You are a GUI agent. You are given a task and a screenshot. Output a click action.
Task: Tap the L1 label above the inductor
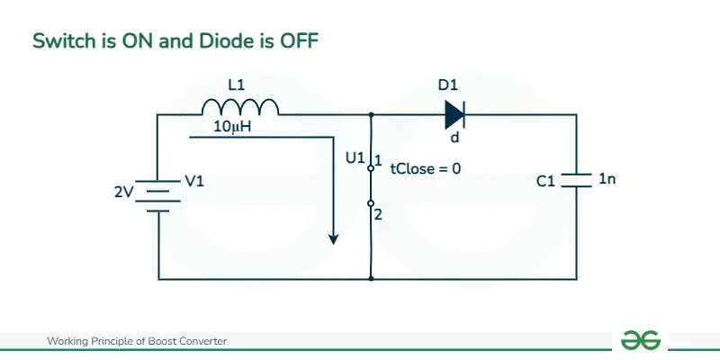(x=237, y=85)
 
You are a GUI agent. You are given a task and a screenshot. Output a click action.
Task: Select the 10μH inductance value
(x=232, y=128)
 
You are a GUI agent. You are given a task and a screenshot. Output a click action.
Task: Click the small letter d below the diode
(x=454, y=139)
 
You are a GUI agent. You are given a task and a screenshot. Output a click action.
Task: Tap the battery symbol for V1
(x=158, y=195)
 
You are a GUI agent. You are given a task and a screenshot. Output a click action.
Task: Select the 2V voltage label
(x=123, y=191)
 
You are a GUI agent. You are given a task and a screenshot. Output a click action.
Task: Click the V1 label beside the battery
(x=194, y=181)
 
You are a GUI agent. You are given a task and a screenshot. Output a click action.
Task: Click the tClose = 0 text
(x=426, y=168)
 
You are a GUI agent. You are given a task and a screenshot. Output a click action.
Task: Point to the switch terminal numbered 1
(x=371, y=166)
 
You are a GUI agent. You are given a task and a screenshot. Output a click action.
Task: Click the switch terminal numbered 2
(x=371, y=205)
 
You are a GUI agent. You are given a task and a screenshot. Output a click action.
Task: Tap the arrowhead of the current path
(x=334, y=238)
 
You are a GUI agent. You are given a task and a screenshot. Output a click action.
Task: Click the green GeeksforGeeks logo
(x=641, y=340)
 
